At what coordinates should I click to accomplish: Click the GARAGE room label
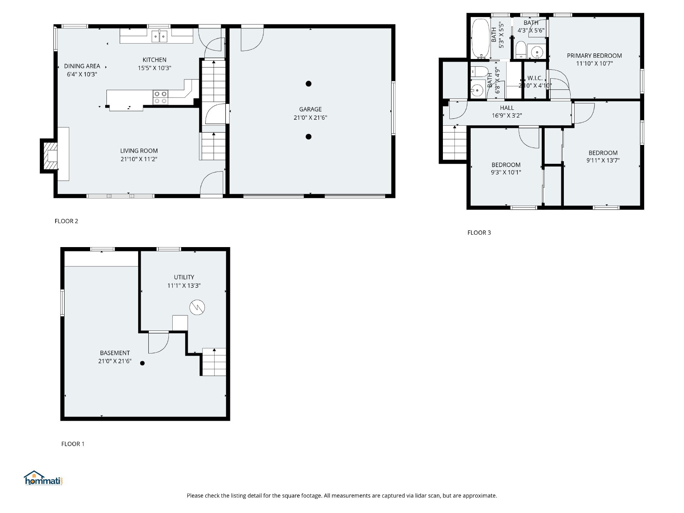pos(310,109)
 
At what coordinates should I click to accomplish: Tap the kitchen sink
pos(159,36)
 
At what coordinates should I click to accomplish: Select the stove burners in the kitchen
pos(160,97)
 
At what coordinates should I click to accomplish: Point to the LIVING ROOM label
pos(139,151)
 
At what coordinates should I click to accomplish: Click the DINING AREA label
pos(82,66)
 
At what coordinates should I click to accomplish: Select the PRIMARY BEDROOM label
pos(594,56)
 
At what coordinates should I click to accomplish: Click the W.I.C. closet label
pos(535,78)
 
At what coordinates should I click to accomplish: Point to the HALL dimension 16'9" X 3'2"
pos(507,115)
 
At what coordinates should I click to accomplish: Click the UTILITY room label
pos(184,277)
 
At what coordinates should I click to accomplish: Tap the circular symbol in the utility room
pos(197,307)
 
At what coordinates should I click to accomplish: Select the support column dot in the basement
pos(142,363)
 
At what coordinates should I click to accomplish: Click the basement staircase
pos(214,362)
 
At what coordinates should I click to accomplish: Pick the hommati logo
pos(43,478)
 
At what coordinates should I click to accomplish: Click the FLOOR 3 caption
pos(479,233)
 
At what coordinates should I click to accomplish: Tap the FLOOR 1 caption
pos(73,444)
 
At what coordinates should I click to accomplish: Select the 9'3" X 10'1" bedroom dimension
pos(506,172)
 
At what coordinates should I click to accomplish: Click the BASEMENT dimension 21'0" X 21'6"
pos(115,361)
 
